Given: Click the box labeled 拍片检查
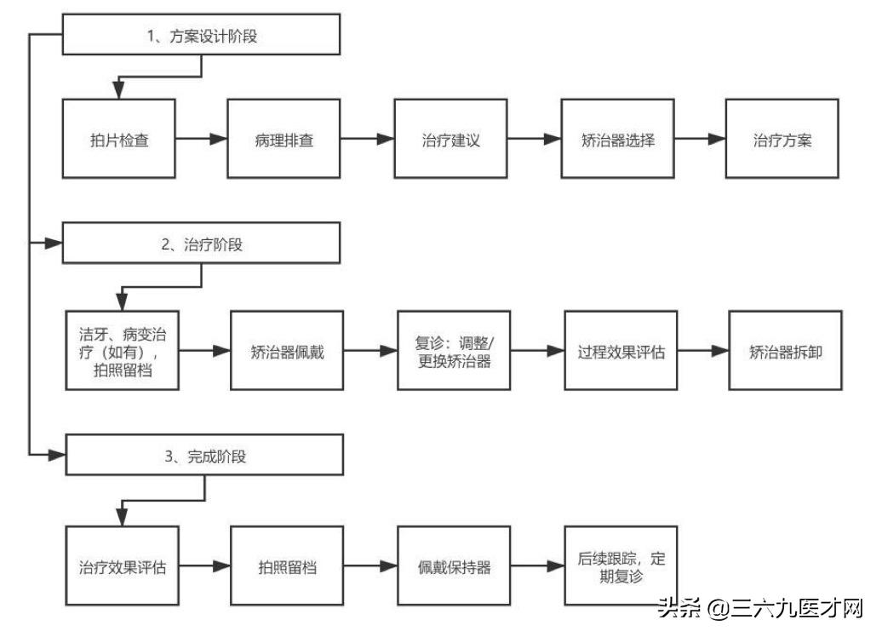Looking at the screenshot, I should [119, 139].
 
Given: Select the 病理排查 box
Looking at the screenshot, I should [283, 139].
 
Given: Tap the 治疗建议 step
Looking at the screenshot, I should [450, 139].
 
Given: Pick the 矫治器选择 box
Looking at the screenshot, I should [617, 139].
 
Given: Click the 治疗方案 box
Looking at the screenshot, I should [782, 139].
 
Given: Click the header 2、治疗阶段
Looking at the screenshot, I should [201, 244].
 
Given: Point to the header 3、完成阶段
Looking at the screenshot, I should [204, 456].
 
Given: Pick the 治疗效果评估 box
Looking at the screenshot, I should [123, 565].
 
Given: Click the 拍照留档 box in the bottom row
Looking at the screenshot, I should [288, 565].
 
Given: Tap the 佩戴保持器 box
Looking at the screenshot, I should [454, 565].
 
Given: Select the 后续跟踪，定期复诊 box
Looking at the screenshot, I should [621, 565].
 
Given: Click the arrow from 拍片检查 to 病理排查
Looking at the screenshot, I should [202, 139].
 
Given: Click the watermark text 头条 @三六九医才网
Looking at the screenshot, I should [759, 608].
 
